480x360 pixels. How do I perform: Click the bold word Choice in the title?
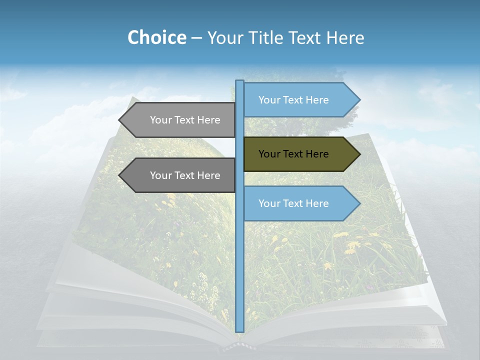coord(156,37)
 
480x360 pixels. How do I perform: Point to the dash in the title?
coord(197,38)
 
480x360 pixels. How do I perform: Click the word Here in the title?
coord(345,37)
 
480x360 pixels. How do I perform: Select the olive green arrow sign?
coord(300,154)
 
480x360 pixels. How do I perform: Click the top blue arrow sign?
coord(300,100)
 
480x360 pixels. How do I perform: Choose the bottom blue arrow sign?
coord(300,203)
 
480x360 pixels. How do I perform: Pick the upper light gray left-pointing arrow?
coord(180,120)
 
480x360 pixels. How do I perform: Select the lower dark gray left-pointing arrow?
coord(180,175)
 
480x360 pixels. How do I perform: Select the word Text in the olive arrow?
coord(293,154)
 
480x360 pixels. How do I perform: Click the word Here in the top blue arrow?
coord(317,100)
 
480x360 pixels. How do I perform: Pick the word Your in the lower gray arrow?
coord(160,175)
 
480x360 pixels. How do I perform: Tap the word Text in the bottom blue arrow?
coord(293,203)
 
